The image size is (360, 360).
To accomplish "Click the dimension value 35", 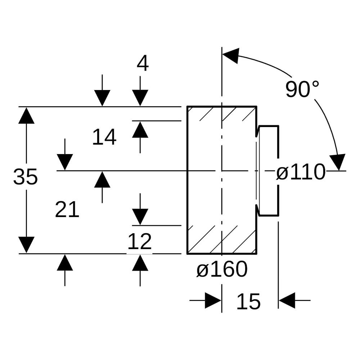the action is (25, 176).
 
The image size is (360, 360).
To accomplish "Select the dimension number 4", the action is (143, 64).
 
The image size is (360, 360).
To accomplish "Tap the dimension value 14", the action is (104, 137).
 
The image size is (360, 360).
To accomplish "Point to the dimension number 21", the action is (67, 210).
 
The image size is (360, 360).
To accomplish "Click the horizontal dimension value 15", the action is (248, 301).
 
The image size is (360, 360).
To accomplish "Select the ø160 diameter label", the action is (222, 269).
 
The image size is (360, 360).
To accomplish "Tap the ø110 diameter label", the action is (301, 172).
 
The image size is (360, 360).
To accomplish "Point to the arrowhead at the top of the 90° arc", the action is (231, 55).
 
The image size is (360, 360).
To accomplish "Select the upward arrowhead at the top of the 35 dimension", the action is (26, 115).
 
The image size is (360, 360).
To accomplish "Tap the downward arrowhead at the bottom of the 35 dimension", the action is (26, 245).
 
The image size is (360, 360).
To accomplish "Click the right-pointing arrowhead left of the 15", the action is (213, 300).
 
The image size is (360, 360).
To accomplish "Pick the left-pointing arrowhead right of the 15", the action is (287, 300).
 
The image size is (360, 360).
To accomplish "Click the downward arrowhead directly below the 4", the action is (140, 98).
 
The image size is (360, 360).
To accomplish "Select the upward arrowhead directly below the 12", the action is (140, 263).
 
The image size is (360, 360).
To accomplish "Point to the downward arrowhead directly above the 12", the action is (140, 217).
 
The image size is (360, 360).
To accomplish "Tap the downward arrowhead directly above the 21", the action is (65, 162).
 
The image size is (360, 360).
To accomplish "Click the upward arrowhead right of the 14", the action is (140, 130).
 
